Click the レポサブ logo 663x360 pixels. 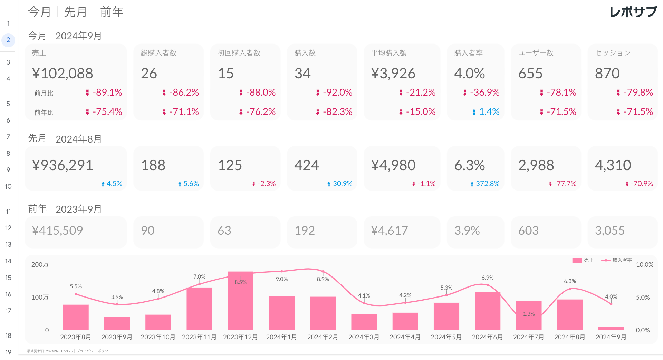pos(633,12)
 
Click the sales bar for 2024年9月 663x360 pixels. pos(611,328)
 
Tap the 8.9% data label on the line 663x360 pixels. pos(323,279)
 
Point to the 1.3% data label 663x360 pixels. pos(529,314)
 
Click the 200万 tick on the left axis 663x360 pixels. pos(40,265)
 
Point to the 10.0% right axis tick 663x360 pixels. pos(644,265)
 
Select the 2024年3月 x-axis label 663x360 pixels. pos(364,337)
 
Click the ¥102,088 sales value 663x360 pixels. pos(63,74)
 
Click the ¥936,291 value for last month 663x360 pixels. pos(63,165)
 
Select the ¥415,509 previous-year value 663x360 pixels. pos(57,231)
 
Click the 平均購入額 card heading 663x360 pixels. pos(389,53)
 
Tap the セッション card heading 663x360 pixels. pos(613,53)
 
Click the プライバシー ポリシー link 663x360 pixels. pos(94,351)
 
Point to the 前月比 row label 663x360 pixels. pos(44,93)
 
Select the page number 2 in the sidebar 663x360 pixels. pos(8,40)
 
